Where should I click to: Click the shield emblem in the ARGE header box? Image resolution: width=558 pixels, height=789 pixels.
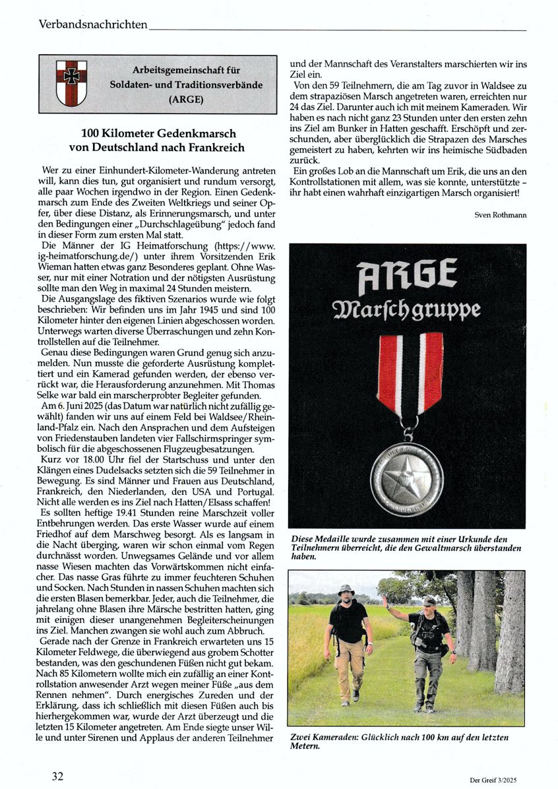(x=71, y=84)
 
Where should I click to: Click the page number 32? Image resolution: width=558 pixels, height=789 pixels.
(x=58, y=776)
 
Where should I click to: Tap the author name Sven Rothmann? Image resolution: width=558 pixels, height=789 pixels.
(x=500, y=215)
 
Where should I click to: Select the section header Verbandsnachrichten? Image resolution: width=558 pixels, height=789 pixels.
(x=92, y=25)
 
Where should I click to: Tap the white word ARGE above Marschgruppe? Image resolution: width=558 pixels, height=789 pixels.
(x=406, y=277)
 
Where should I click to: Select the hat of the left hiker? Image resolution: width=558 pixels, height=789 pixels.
(x=345, y=589)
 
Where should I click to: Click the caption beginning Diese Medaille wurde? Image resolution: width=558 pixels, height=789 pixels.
(x=406, y=548)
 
